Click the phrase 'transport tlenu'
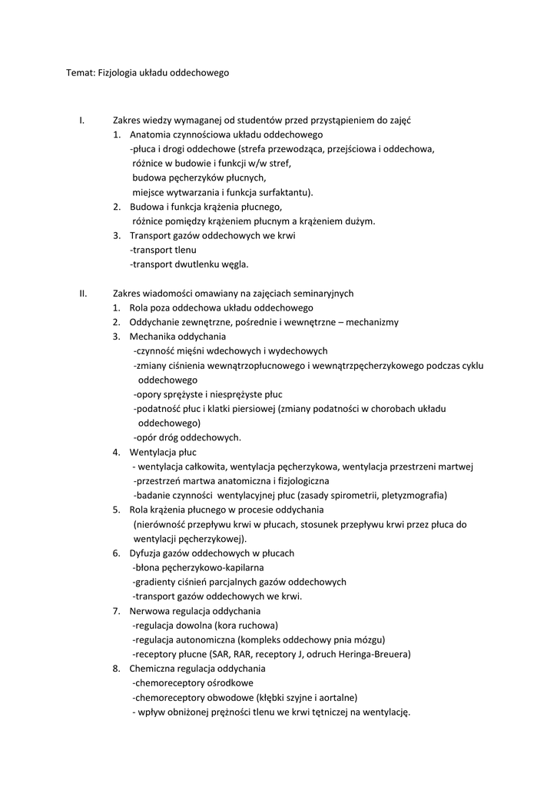(x=164, y=250)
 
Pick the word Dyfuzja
(x=146, y=553)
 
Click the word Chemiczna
(x=153, y=669)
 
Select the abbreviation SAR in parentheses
(x=219, y=654)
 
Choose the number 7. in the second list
(x=117, y=611)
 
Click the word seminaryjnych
(x=317, y=294)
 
